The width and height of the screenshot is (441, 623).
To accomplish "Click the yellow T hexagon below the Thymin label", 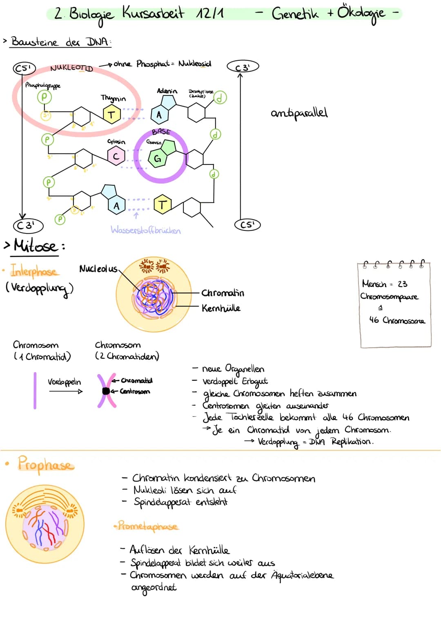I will tap(111, 114).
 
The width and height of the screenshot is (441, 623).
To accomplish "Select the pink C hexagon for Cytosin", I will tap(116, 156).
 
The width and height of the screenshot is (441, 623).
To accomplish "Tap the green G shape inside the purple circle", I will tap(158, 158).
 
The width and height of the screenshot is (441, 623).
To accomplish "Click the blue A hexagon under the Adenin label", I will tap(159, 115).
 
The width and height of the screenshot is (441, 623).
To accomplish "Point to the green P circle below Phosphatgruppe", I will tap(44, 97).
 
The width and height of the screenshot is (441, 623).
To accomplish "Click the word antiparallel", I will tap(299, 113).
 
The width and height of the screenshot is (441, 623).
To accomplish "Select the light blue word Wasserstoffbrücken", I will tap(145, 231).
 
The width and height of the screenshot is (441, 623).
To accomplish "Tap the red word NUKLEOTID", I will tap(71, 68).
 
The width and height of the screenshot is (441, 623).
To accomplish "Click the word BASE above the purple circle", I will tap(161, 132).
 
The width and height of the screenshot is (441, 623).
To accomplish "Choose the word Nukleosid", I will tap(195, 64).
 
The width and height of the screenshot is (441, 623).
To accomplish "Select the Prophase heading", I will tap(46, 464).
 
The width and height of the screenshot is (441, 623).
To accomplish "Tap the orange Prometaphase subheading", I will tap(147, 526).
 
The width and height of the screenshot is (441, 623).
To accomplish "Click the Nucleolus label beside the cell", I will tap(98, 268).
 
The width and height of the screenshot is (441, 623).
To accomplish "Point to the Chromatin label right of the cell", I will tap(223, 293).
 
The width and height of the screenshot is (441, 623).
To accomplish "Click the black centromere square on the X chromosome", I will tap(106, 391).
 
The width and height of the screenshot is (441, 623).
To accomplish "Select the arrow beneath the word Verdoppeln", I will tap(65, 391).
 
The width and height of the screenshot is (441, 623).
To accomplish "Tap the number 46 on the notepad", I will tap(374, 320).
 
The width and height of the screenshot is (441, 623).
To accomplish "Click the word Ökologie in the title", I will tap(361, 14).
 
